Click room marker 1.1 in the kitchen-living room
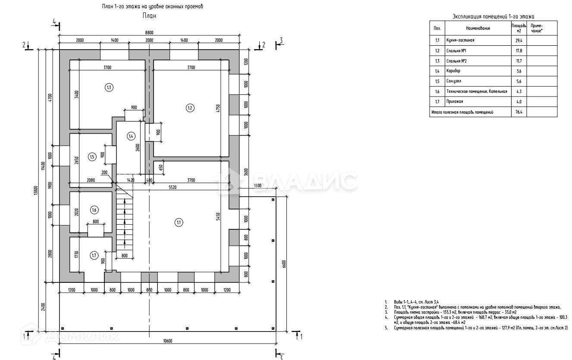point(179,222)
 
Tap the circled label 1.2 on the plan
point(190,108)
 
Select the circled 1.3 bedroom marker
point(109,88)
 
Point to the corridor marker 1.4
point(131,136)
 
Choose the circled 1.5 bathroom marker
point(92,157)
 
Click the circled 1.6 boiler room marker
point(94,210)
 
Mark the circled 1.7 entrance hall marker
point(94,256)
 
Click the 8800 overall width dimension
point(150,32)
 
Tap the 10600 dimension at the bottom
point(168,341)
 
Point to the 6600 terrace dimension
point(284,263)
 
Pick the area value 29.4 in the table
point(519,41)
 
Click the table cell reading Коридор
point(453,71)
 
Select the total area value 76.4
point(519,112)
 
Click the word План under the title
point(149,16)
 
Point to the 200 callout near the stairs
point(104,172)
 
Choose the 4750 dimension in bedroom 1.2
point(219,108)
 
